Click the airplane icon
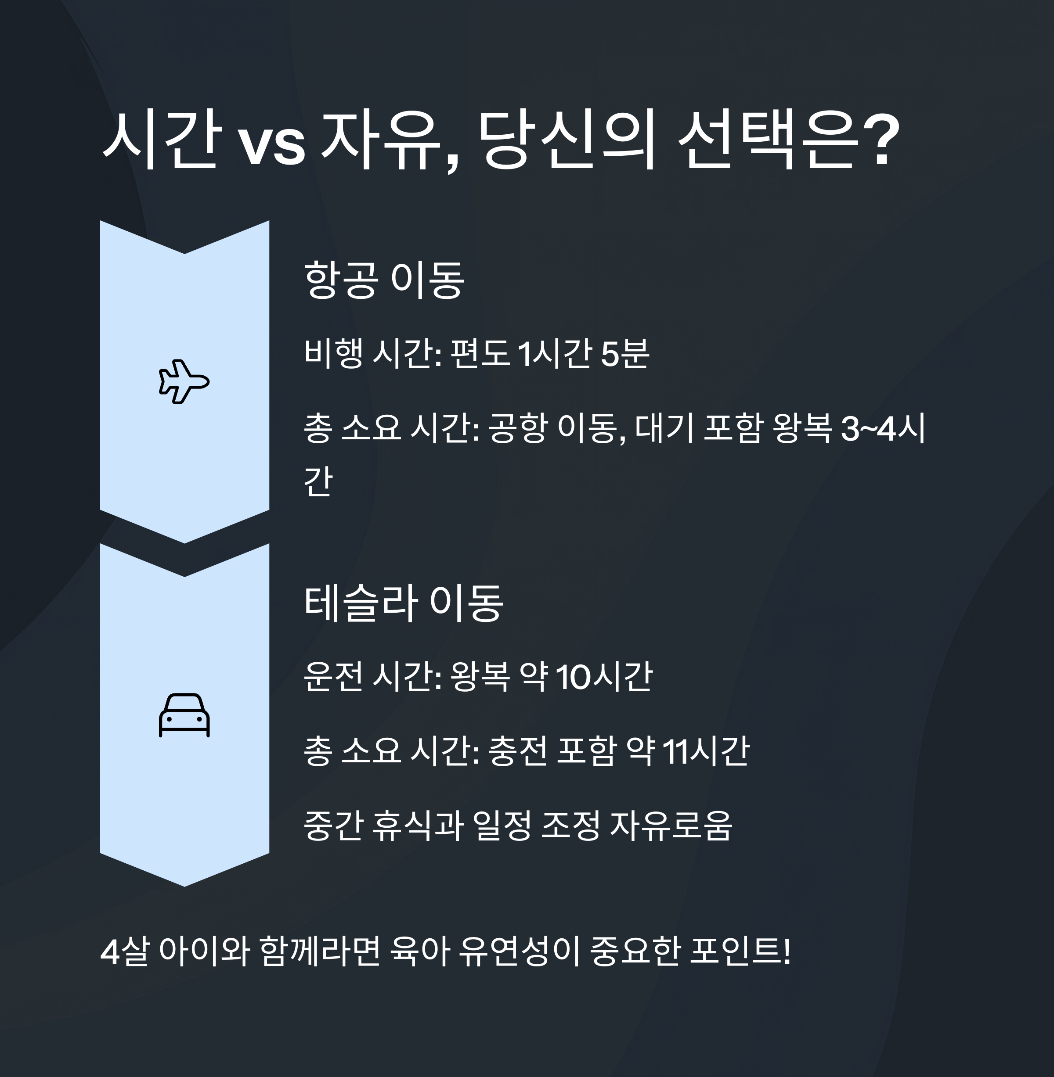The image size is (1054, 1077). tap(184, 382)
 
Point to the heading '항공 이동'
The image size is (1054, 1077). tap(384, 280)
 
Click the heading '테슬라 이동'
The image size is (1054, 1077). tap(404, 603)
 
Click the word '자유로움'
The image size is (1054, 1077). tap(671, 826)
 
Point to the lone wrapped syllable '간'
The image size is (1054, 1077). tap(318, 480)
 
